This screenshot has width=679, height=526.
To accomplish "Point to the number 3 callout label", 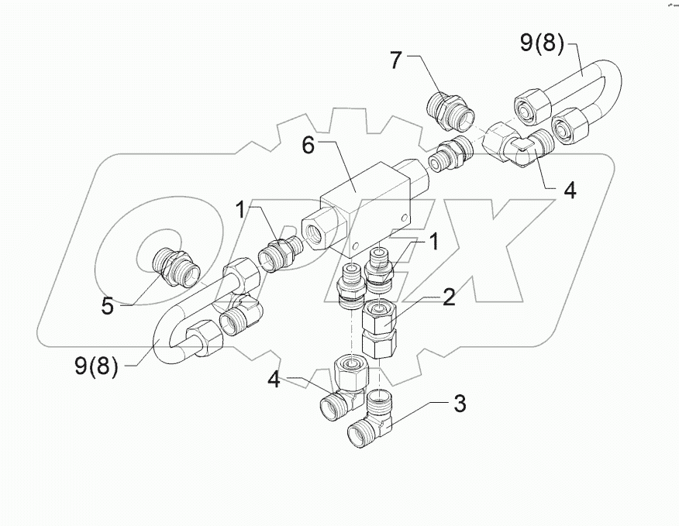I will coord(459,404).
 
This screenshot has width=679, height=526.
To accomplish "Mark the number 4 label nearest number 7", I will coord(570,191).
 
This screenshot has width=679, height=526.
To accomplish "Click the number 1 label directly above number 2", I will coord(434,242).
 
